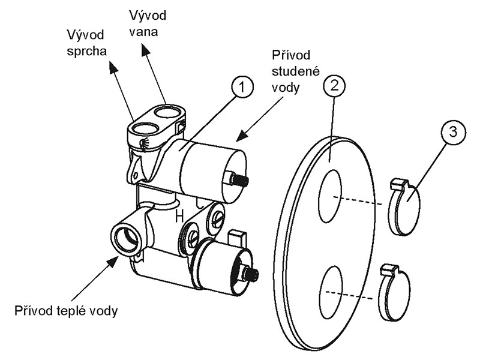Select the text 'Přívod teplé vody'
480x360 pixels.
tap(64, 311)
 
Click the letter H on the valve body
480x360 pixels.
tap(178, 217)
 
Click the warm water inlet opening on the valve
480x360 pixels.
tap(127, 238)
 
